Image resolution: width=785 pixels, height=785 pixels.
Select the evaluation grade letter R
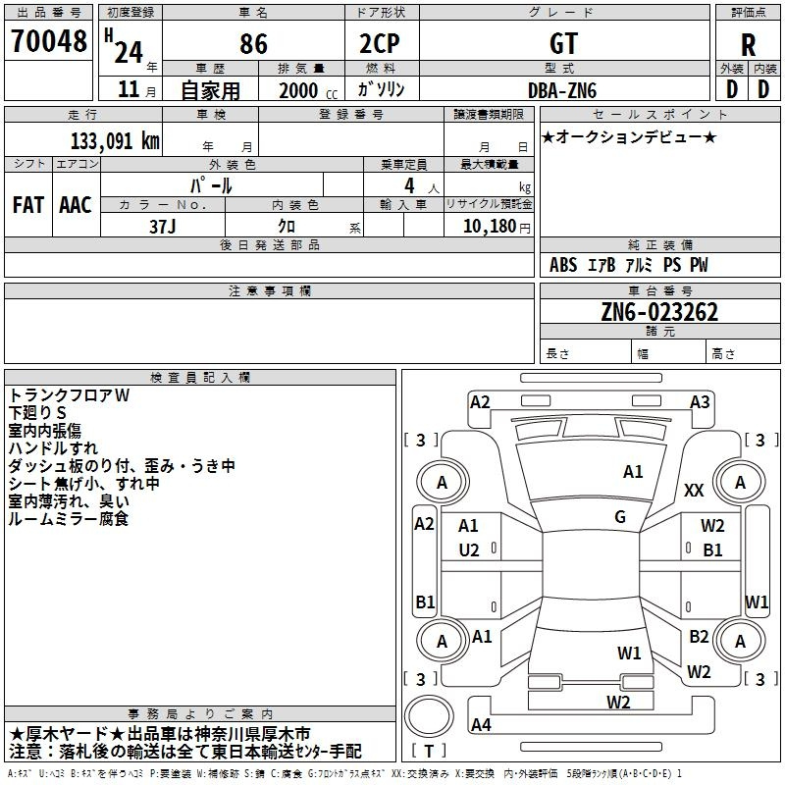tap(748, 45)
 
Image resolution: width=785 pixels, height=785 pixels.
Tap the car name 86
tap(253, 44)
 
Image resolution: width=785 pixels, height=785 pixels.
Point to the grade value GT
tap(564, 44)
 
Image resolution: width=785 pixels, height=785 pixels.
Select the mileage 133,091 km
tap(114, 140)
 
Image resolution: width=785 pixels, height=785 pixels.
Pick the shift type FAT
tap(28, 205)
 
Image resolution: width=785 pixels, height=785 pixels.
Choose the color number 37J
tap(163, 225)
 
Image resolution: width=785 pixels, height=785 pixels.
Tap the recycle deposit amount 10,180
tap(486, 226)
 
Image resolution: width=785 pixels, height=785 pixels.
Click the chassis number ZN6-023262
tap(659, 313)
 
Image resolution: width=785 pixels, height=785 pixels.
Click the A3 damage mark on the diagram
tap(700, 401)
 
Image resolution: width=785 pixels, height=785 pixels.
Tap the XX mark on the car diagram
tap(694, 491)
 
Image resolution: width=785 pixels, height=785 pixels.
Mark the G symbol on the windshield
tap(620, 517)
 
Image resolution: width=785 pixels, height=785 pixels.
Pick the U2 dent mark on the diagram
tap(469, 549)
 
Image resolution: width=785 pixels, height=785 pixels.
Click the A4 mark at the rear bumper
tap(481, 725)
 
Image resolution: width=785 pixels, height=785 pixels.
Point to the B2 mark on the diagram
tap(699, 637)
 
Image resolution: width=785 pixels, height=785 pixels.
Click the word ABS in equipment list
tap(563, 266)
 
